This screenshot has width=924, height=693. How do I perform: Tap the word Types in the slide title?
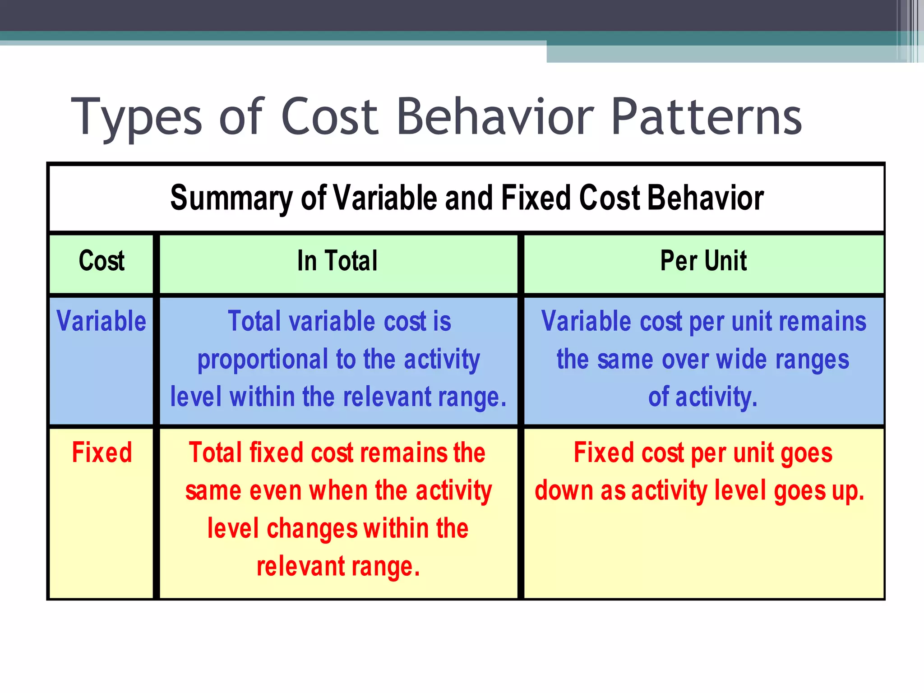(x=137, y=117)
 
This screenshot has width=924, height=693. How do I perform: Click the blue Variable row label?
(x=102, y=321)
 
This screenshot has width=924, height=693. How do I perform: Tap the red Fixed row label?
(x=102, y=453)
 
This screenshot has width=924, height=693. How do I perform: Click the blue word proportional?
(x=263, y=360)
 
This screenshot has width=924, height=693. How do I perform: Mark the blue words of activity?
(x=702, y=397)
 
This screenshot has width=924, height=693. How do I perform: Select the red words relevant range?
(x=338, y=566)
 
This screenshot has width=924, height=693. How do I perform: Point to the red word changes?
(x=312, y=528)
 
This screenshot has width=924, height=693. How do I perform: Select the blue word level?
(x=196, y=397)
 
